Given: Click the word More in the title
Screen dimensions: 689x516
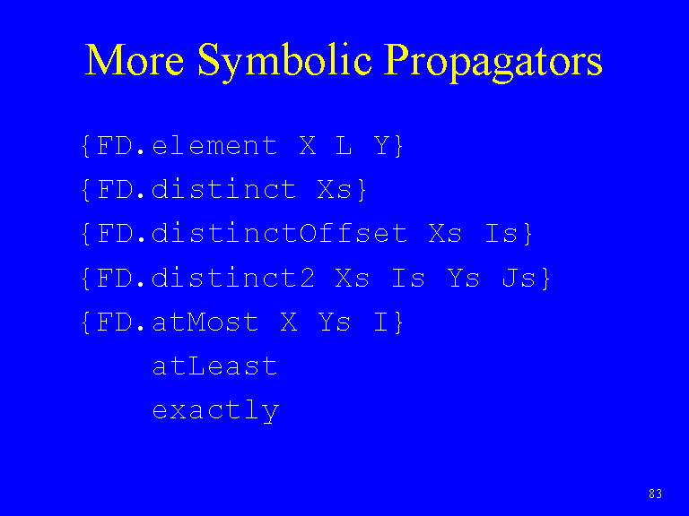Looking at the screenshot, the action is (x=134, y=60).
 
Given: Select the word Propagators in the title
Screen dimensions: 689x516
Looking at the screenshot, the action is (x=493, y=62).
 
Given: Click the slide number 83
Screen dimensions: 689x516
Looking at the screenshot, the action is (x=655, y=494).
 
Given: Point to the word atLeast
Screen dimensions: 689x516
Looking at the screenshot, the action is (x=214, y=365).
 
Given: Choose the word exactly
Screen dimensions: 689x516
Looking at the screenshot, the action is (x=215, y=411).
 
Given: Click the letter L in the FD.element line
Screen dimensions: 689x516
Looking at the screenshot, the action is (x=344, y=145).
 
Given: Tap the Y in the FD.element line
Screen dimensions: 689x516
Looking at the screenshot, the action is (x=382, y=145).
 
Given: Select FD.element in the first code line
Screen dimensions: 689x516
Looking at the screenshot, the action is (x=187, y=145).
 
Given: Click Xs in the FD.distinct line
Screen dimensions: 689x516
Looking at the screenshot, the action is (x=335, y=190).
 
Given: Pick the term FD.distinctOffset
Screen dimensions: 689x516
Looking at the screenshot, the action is (x=252, y=233).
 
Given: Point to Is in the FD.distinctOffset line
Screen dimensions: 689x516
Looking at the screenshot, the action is (x=501, y=234).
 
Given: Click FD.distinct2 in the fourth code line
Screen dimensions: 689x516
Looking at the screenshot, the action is (x=205, y=278).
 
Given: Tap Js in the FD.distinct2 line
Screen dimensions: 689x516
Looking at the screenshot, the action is (x=519, y=278).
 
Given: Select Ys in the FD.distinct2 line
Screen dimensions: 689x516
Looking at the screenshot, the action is (x=463, y=278).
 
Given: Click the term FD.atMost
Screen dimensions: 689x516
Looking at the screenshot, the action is (x=177, y=322).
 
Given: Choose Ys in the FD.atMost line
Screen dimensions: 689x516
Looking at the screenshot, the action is (x=334, y=322).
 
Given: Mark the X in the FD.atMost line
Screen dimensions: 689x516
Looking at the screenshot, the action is (x=289, y=322).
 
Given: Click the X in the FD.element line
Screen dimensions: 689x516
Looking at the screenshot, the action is (x=308, y=145).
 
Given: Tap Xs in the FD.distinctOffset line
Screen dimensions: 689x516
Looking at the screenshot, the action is (x=445, y=234).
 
